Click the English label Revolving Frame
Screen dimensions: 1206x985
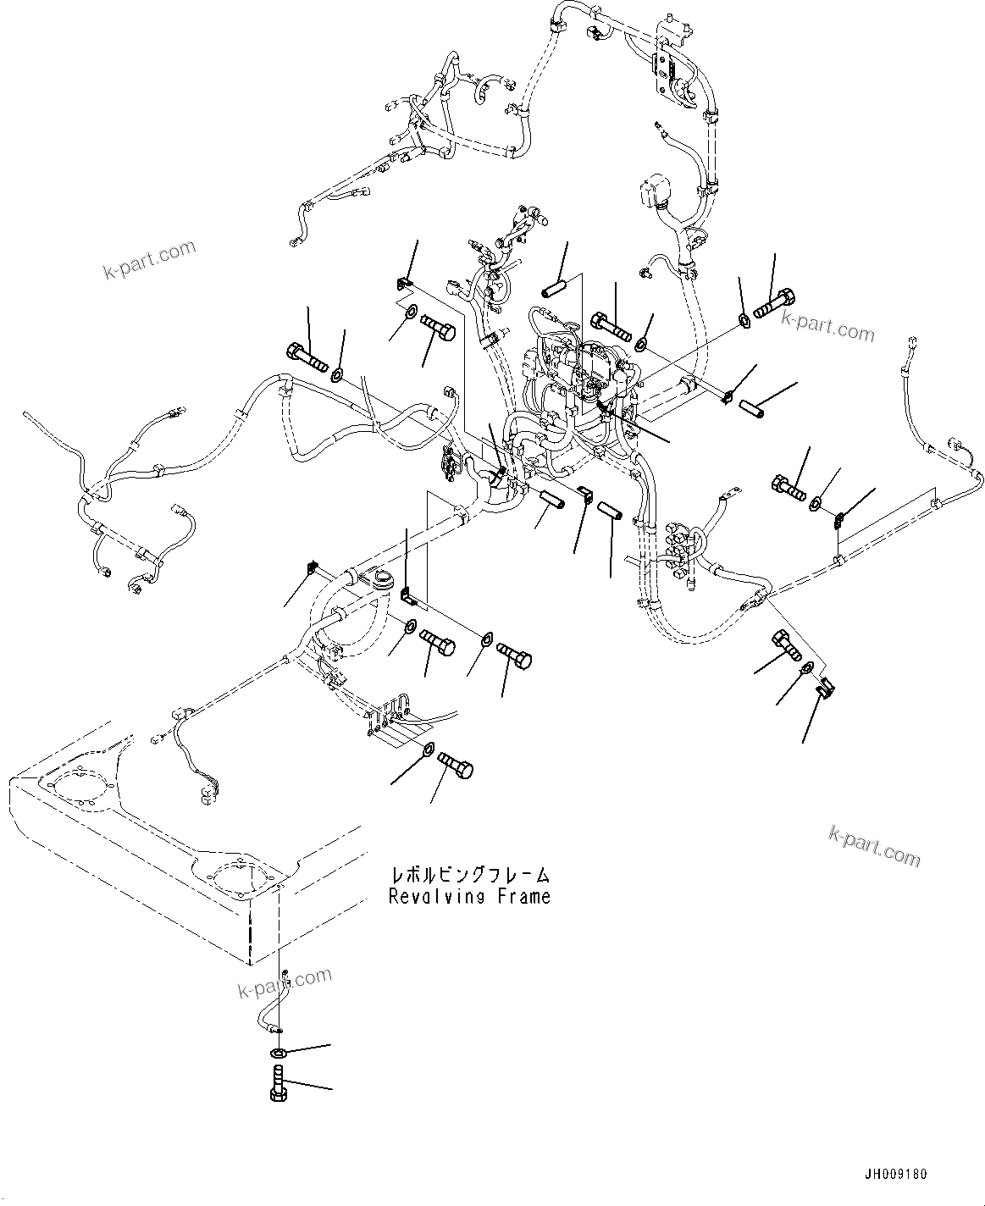tap(469, 896)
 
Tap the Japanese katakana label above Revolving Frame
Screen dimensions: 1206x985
tap(469, 873)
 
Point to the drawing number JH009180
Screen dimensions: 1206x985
tap(896, 1174)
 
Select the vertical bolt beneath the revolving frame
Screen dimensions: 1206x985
tap(276, 1083)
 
